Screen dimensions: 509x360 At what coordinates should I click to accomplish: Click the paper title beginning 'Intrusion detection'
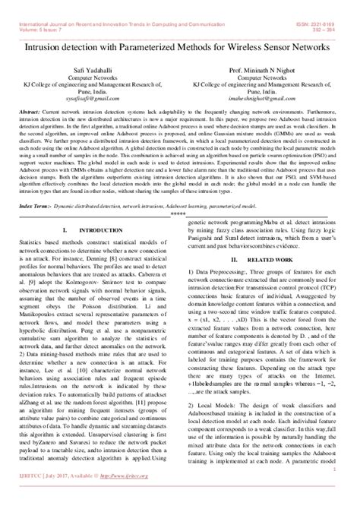[180, 47]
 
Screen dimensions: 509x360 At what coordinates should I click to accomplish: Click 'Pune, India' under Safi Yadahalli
[85, 90]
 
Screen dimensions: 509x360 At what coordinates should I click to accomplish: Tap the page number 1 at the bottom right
[336, 491]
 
